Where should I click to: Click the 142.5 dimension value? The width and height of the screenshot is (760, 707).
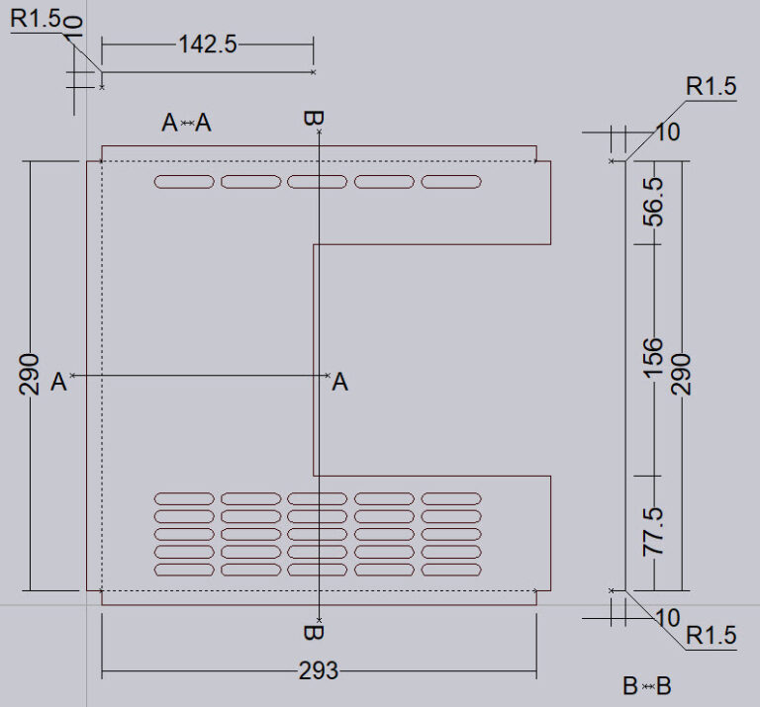(207, 44)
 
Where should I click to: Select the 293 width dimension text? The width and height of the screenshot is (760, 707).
(318, 671)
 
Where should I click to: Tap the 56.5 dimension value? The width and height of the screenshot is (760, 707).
(653, 203)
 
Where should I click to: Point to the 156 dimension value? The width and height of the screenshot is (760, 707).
(653, 357)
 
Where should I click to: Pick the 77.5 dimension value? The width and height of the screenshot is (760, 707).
(653, 531)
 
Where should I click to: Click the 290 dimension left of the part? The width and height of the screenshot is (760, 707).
(29, 373)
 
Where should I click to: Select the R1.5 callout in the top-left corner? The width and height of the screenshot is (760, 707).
(35, 18)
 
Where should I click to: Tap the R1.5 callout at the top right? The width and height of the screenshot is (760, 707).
(712, 87)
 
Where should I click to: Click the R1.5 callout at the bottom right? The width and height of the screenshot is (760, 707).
(712, 636)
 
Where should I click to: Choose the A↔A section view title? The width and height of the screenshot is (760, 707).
(187, 123)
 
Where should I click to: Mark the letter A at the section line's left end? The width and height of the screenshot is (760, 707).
(58, 382)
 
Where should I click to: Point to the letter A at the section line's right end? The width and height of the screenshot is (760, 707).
(339, 382)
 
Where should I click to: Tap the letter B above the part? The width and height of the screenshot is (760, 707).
(313, 119)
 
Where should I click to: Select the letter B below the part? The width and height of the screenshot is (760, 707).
(313, 632)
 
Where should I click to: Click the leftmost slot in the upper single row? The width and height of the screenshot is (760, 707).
(183, 182)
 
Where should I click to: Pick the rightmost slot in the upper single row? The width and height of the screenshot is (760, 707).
(451, 182)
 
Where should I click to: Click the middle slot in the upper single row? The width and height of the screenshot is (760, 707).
(317, 182)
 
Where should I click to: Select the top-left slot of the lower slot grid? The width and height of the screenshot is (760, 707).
(183, 498)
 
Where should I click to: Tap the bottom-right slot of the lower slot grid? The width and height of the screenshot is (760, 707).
(451, 571)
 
